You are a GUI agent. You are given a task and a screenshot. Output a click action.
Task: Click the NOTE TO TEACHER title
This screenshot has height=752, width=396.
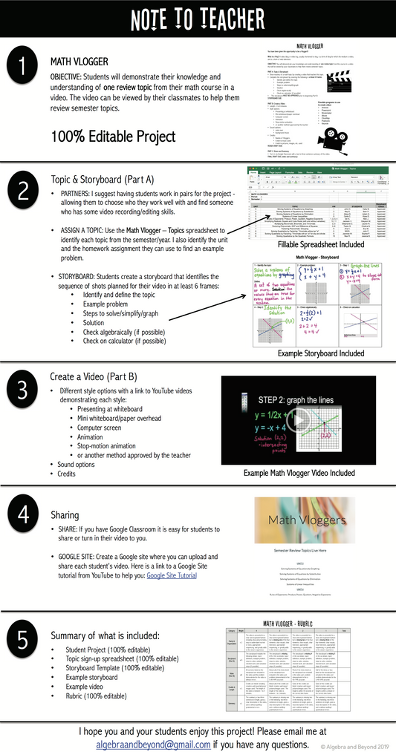[x=198, y=19]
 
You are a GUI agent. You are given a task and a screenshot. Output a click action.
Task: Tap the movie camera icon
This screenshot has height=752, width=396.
[x=348, y=140]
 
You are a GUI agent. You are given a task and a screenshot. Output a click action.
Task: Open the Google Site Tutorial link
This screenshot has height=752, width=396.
[x=172, y=575]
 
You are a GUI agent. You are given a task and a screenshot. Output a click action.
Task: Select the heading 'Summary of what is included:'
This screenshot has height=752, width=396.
[x=104, y=635]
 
